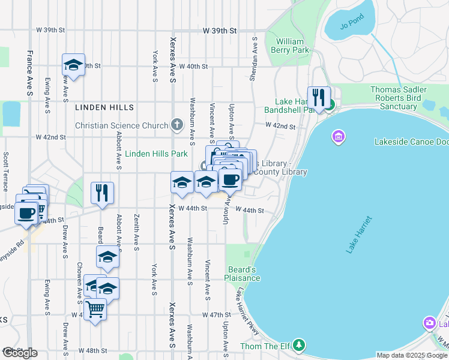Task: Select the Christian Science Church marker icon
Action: tap(176, 125)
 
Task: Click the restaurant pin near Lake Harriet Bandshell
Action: tap(319, 97)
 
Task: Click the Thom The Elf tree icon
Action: tap(299, 346)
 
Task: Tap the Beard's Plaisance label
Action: tap(243, 274)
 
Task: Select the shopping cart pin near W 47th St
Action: tap(95, 310)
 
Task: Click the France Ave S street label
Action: tap(29, 73)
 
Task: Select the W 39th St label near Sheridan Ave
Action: tap(220, 30)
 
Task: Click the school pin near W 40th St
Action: tap(73, 65)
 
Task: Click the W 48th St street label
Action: tap(92, 350)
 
